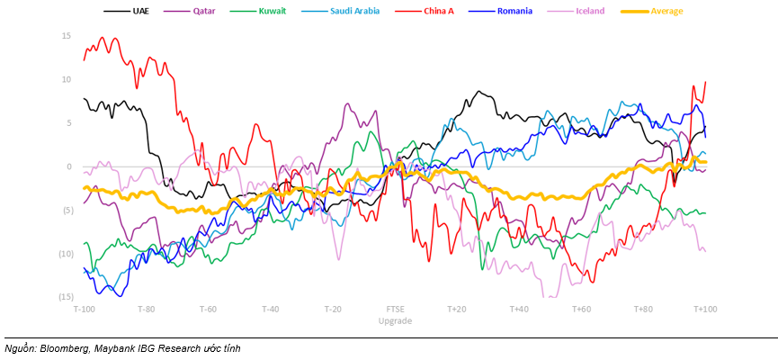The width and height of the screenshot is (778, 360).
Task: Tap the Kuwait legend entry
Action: coord(267,11)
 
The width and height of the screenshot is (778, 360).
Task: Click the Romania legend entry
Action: coord(514,11)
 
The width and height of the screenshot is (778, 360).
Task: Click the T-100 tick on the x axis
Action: coord(84,309)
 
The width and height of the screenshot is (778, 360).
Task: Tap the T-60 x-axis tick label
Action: coord(208,309)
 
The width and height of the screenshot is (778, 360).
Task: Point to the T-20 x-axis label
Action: coord(333,309)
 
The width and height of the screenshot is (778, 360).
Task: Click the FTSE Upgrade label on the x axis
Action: coord(396,314)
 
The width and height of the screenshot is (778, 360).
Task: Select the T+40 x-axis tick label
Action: coord(518,309)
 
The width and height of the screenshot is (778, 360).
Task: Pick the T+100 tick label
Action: coord(705,309)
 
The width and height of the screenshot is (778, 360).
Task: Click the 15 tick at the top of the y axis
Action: coord(67,36)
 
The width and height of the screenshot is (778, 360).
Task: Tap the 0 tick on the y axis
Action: coord(68,166)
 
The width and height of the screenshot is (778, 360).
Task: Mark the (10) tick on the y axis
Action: coord(66,254)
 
